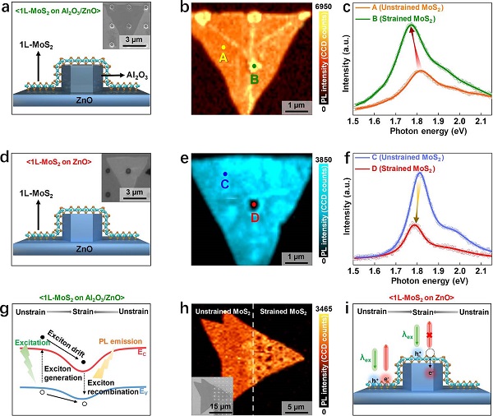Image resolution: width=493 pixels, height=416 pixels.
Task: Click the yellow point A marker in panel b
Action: coord(223,47)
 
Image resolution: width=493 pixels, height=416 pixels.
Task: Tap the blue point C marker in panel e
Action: coord(225,174)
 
